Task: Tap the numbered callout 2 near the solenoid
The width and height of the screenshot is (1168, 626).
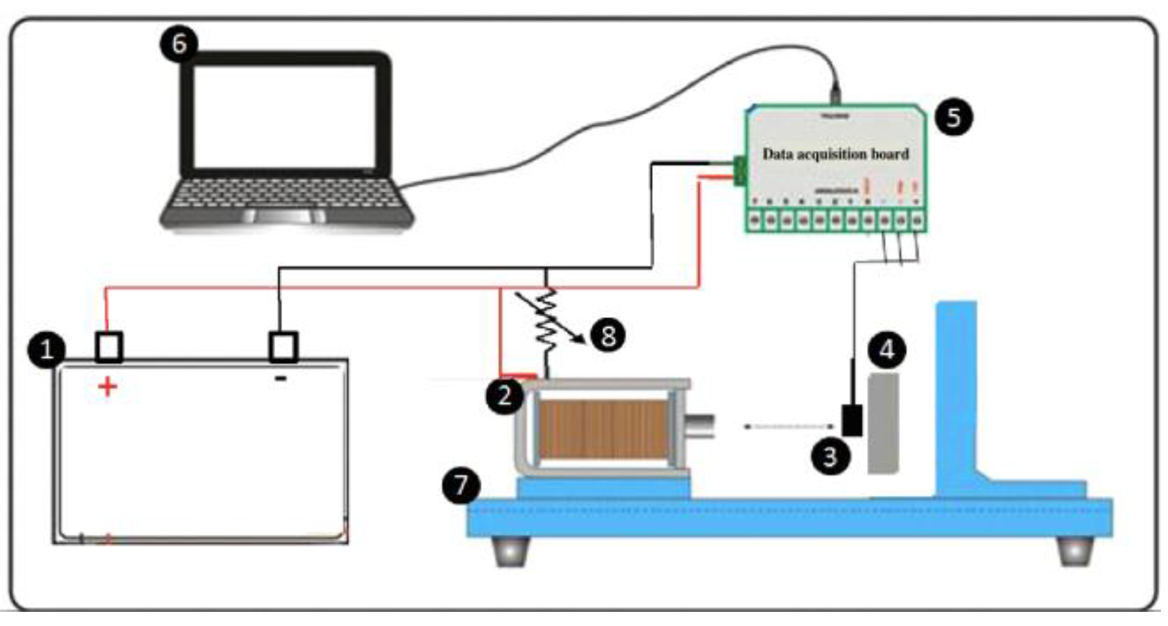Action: (505, 396)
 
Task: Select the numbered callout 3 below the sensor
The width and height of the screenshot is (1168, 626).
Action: (830, 455)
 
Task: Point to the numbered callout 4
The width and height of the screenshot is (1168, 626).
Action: (887, 350)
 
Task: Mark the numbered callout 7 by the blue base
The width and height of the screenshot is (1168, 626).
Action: (462, 485)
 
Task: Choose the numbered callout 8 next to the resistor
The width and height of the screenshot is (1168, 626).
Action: (608, 336)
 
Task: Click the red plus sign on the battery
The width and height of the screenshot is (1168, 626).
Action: (107, 387)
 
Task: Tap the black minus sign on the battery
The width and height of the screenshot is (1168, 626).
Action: (281, 378)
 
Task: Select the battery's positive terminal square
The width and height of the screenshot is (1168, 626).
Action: (109, 347)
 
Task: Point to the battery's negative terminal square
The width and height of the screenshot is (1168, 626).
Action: (283, 347)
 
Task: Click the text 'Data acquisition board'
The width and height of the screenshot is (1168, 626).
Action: (835, 154)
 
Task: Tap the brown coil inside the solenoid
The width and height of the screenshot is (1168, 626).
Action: (603, 429)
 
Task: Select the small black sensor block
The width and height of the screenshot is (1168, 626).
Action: (852, 420)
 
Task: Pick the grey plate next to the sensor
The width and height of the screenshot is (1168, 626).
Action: (883, 424)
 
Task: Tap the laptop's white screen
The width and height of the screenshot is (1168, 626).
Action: (284, 116)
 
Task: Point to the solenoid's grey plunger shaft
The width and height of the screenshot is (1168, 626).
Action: (700, 426)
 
